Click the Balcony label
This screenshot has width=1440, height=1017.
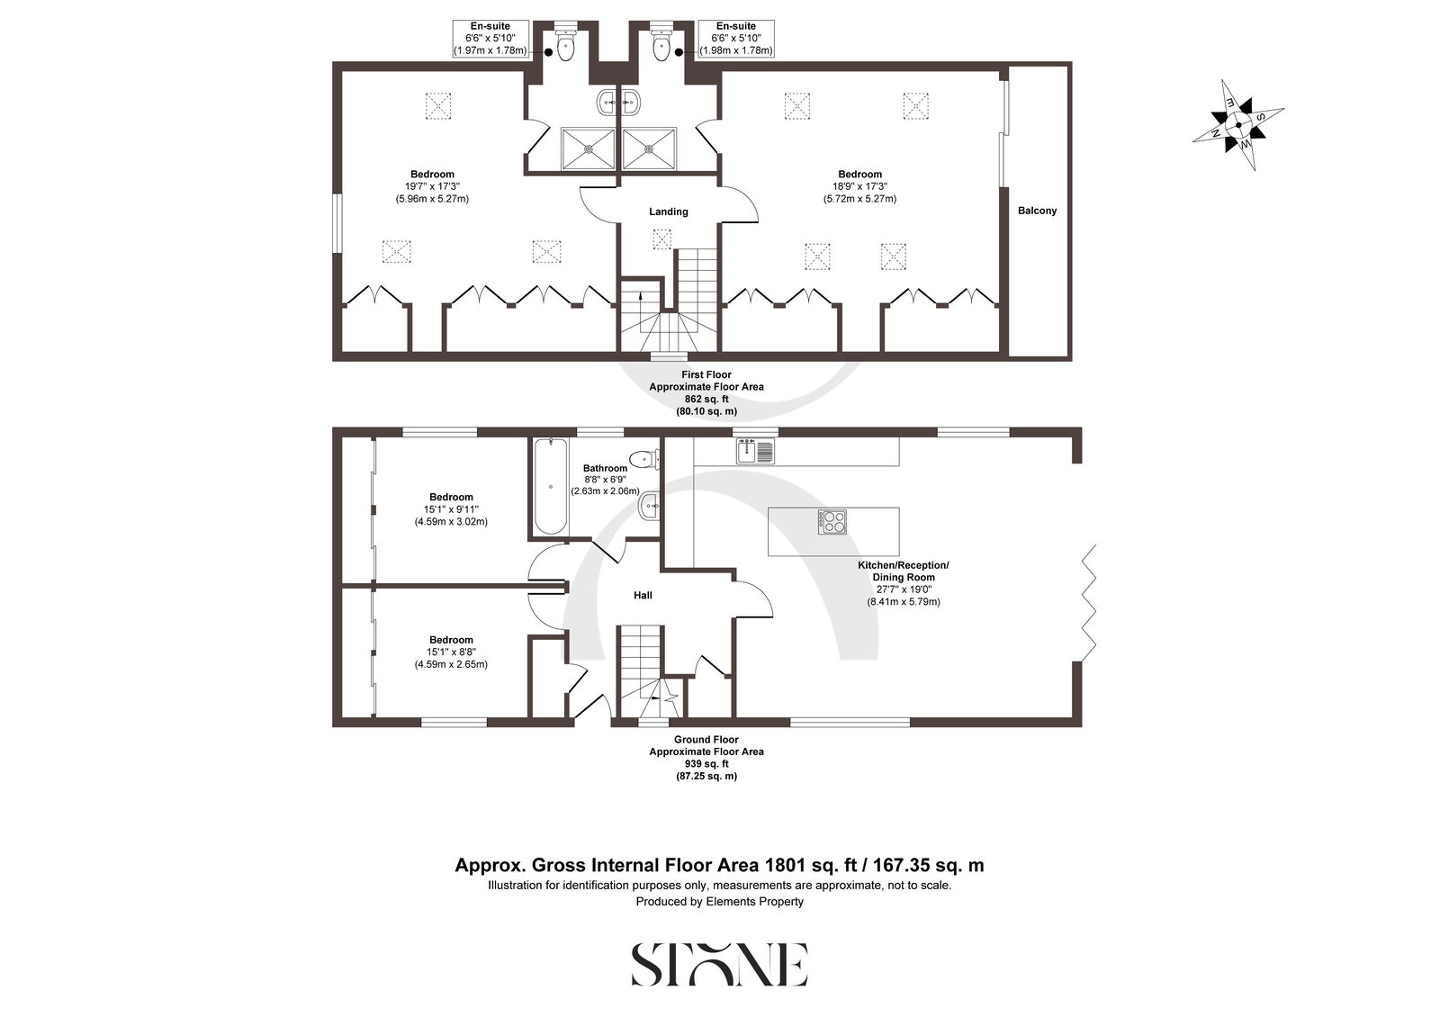pos(1037,211)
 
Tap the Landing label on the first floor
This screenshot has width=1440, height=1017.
pos(669,211)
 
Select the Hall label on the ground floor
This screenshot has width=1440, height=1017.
pos(643,596)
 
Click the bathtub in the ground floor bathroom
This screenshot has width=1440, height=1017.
pos(550,486)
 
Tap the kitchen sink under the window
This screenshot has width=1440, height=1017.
pos(755,450)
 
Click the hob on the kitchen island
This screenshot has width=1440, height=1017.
pos(832,522)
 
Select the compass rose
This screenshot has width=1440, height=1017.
pos(1238,125)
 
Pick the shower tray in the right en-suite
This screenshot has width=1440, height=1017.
pos(649,148)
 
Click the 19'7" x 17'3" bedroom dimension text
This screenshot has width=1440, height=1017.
pos(432,186)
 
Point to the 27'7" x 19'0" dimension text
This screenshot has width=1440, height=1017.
pos(904,589)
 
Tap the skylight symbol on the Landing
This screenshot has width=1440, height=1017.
pos(662,239)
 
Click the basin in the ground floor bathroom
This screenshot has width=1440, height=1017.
pos(649,507)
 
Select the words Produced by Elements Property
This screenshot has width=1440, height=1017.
pos(719,902)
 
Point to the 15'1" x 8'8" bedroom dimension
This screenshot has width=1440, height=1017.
pos(451,652)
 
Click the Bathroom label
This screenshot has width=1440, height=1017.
pos(605,468)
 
